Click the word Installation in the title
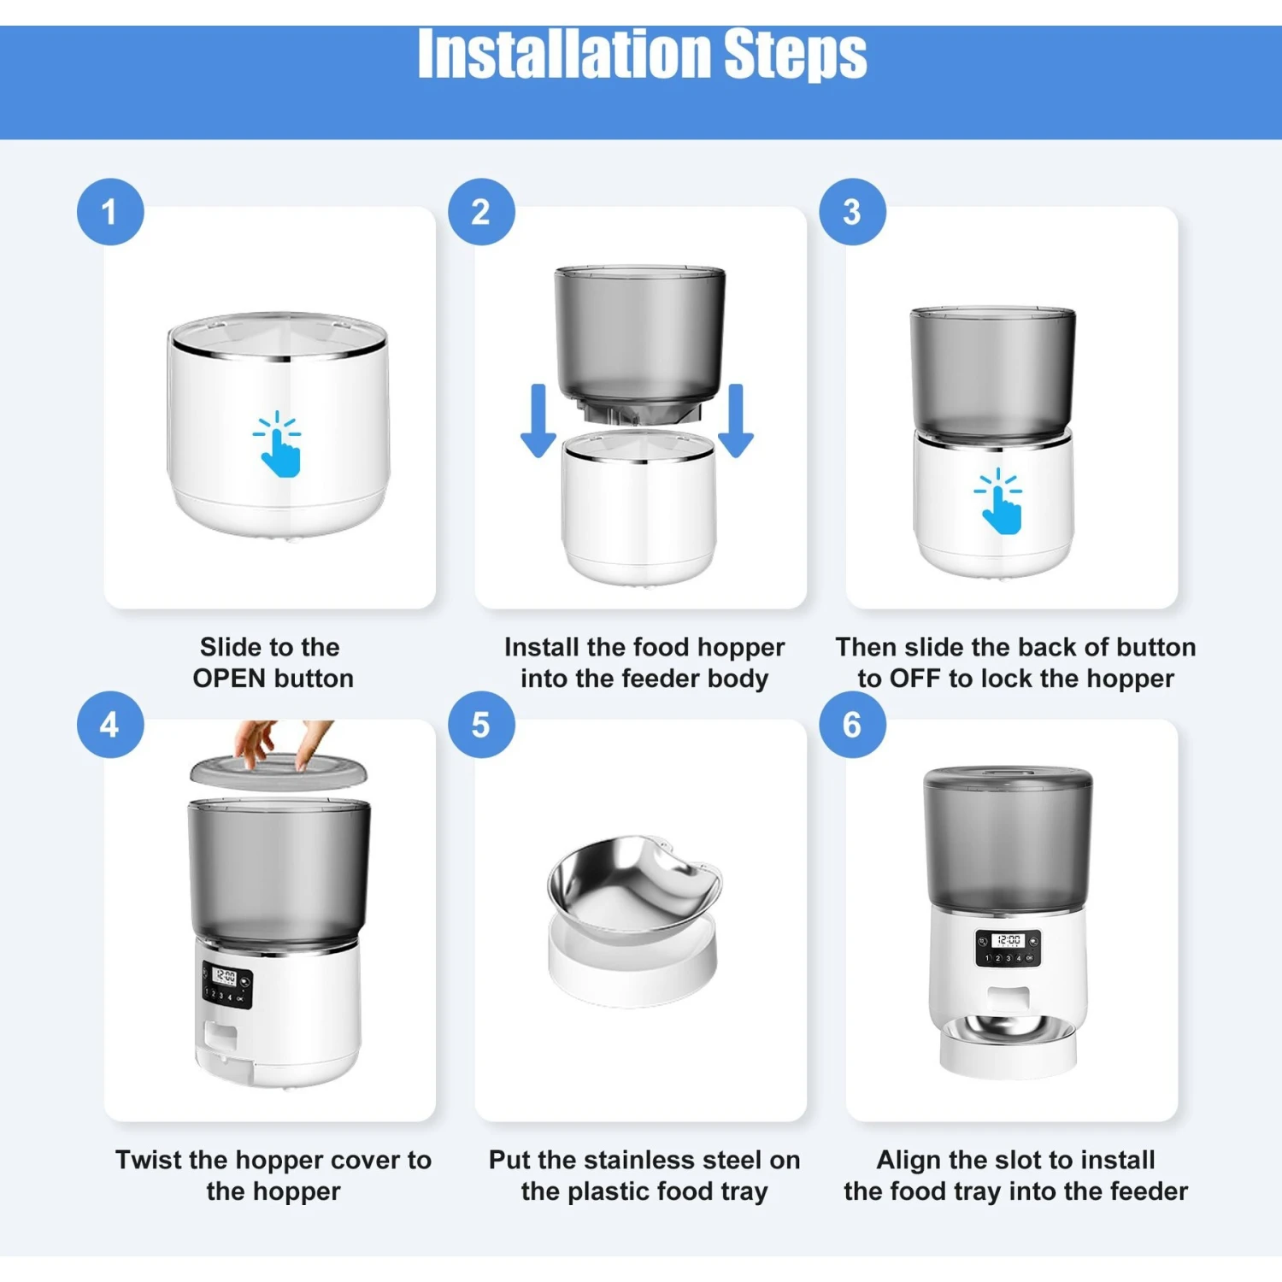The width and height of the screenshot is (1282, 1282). click(x=565, y=54)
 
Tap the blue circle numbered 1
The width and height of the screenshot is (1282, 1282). click(x=110, y=212)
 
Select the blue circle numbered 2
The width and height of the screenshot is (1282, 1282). click(x=481, y=212)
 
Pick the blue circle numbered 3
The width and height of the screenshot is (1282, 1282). click(x=852, y=212)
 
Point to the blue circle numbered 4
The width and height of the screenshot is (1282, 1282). click(x=110, y=725)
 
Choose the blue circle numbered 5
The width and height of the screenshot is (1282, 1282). click(x=481, y=725)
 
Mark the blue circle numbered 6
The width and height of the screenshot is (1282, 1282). click(x=852, y=725)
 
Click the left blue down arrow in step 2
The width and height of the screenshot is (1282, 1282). click(x=538, y=420)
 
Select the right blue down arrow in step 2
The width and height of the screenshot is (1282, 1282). click(x=736, y=420)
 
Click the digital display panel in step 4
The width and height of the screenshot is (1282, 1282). click(x=227, y=985)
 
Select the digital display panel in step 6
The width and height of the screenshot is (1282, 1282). click(x=1009, y=948)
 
